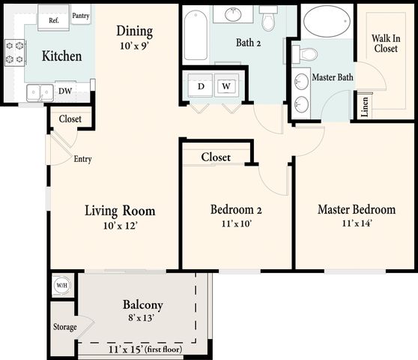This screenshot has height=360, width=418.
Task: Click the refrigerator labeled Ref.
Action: click(54, 17)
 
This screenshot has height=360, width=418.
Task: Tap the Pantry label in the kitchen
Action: click(80, 16)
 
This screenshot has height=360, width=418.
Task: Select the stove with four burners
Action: click(15, 52)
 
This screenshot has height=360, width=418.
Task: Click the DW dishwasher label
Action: click(65, 91)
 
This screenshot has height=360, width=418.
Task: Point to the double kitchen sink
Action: click(40, 92)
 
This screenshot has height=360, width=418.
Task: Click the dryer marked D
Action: click(201, 85)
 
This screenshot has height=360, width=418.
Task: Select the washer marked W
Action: click(226, 85)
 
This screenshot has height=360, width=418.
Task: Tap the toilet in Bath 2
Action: click(269, 18)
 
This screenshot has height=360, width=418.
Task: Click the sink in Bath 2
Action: click(233, 14)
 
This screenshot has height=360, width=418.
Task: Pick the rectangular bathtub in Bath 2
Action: click(196, 35)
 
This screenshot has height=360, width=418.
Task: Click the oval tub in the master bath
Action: click(327, 21)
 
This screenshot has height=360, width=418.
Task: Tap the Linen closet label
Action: click(365, 106)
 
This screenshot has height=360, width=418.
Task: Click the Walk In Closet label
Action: click(386, 43)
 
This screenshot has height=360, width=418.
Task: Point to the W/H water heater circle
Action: click(62, 285)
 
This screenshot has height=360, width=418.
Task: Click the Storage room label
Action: click(64, 327)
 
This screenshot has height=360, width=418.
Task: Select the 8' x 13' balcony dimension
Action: click(141, 317)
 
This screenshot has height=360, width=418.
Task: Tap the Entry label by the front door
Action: click(82, 159)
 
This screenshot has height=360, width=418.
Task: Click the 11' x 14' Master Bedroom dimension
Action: click(357, 223)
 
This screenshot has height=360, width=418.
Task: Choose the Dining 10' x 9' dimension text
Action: click(134, 46)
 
